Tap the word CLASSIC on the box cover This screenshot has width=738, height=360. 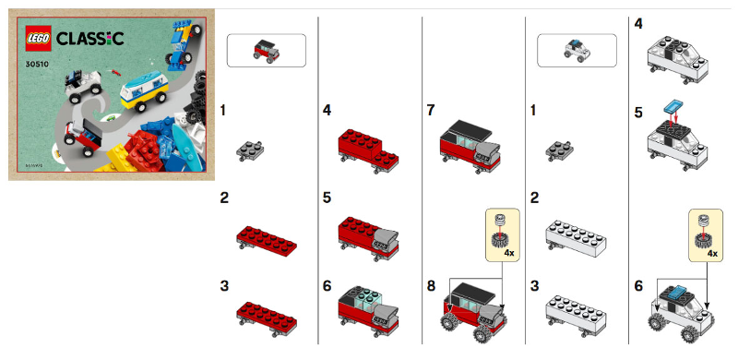point(90,38)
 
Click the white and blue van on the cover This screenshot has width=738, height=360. point(143,90)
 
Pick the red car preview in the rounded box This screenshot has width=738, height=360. point(266,50)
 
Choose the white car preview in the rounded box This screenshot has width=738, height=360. point(578,50)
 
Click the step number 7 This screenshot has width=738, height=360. point(432,110)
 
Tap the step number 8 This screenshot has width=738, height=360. point(432,285)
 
